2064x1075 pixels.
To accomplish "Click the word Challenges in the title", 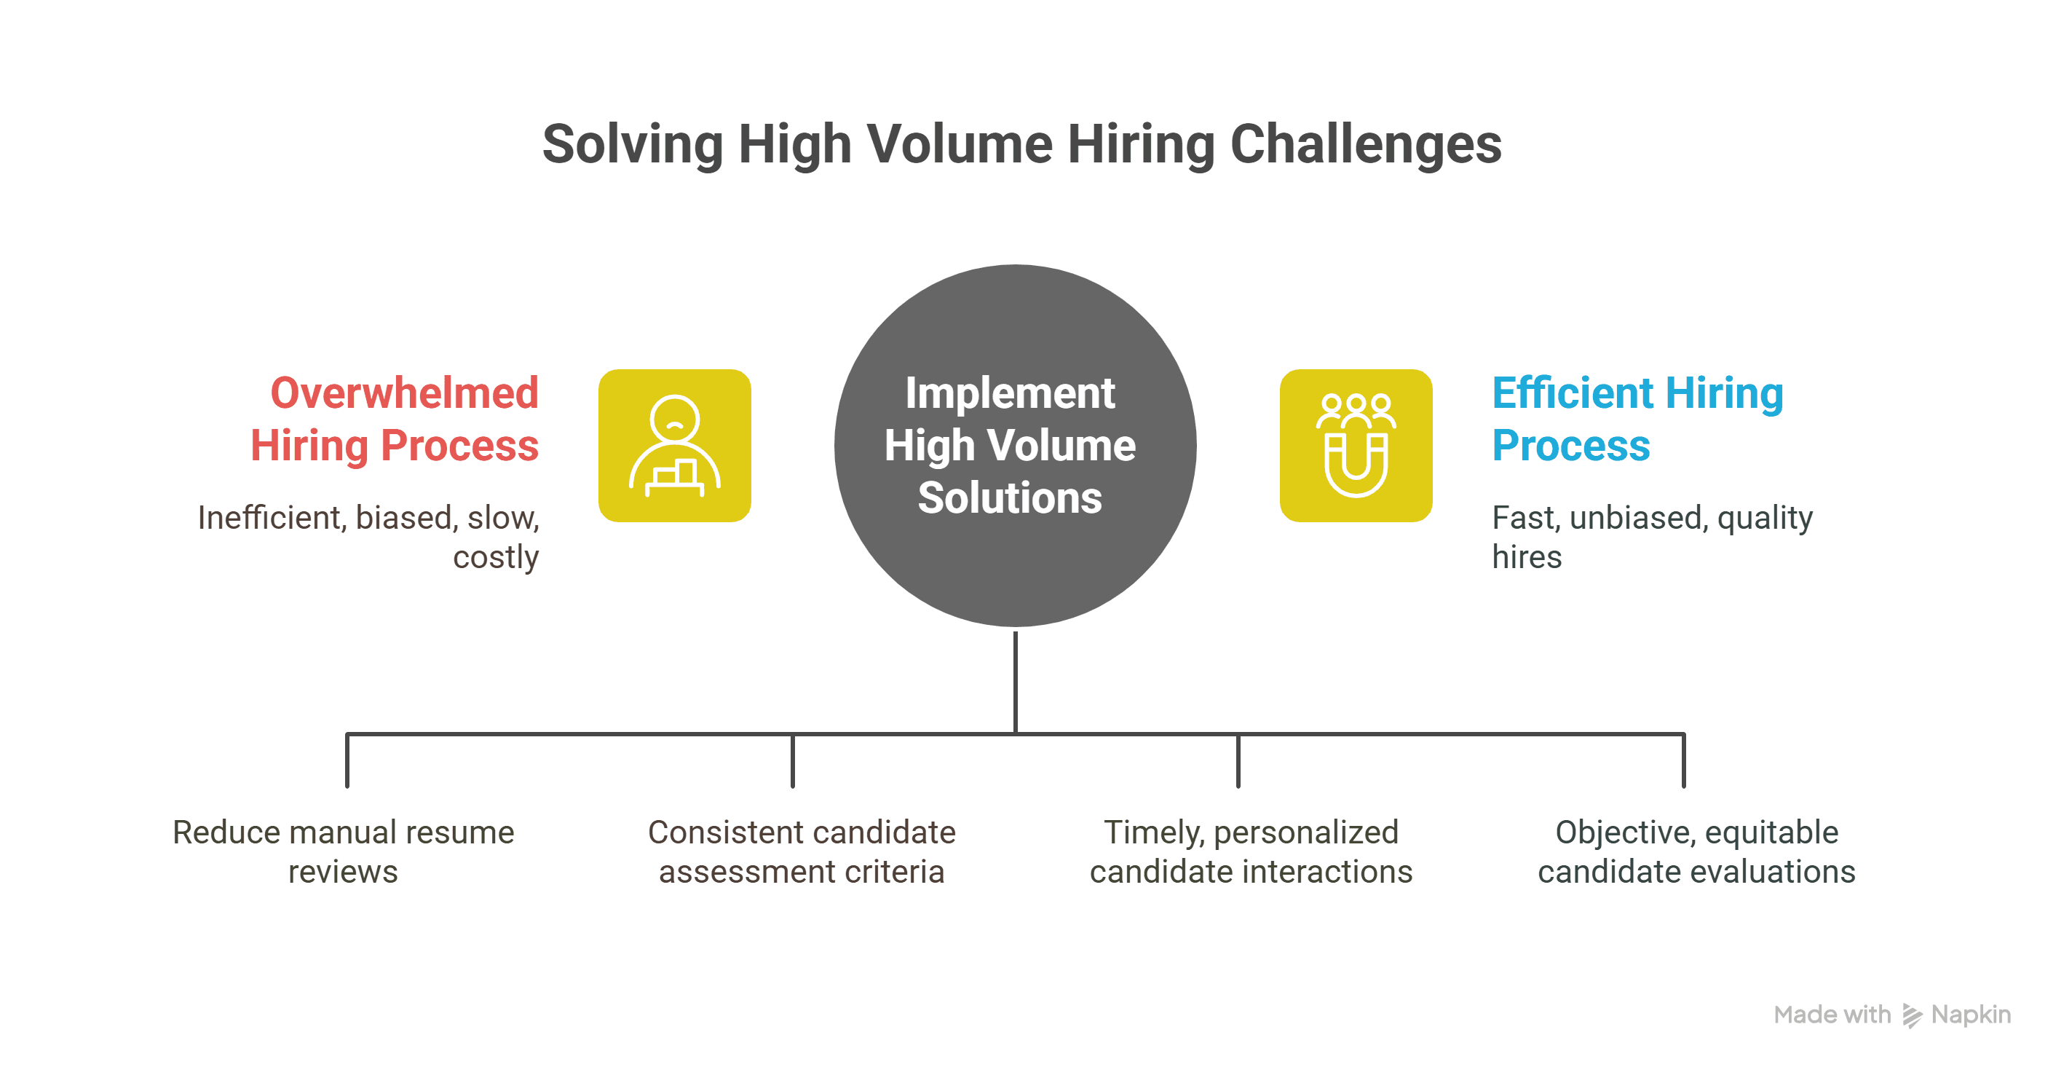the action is click(x=1365, y=144).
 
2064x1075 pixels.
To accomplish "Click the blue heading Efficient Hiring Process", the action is click(x=1638, y=420).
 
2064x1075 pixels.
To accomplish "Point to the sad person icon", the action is click(x=675, y=446).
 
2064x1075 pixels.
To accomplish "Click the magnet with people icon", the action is click(x=1356, y=446).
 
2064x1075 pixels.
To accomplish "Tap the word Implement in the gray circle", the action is click(x=1010, y=393).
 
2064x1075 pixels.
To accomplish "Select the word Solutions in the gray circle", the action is click(x=1010, y=498).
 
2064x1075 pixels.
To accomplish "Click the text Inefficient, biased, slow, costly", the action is click(x=368, y=537).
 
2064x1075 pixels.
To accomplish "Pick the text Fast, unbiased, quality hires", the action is click(x=1652, y=537).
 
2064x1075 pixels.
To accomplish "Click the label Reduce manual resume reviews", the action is click(x=343, y=851).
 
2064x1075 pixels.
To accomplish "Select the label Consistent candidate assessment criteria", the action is click(x=802, y=851).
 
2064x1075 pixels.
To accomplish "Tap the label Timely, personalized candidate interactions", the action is click(x=1251, y=851).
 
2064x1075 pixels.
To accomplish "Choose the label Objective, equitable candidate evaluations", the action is click(x=1696, y=851).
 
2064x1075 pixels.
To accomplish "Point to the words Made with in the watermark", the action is click(x=1832, y=1015).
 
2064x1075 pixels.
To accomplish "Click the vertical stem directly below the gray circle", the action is click(x=1015, y=682).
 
